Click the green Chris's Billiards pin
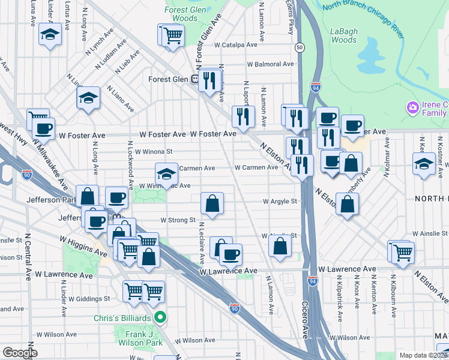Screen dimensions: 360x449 (160, 317)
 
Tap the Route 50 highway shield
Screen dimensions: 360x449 (298, 47)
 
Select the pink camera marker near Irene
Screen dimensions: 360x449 (412, 108)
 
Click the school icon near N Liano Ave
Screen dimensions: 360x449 (88, 97)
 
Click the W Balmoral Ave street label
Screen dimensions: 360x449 (270, 64)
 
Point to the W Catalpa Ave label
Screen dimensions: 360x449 (238, 44)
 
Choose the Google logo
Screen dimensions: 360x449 (20, 353)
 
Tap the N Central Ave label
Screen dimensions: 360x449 (28, 263)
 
